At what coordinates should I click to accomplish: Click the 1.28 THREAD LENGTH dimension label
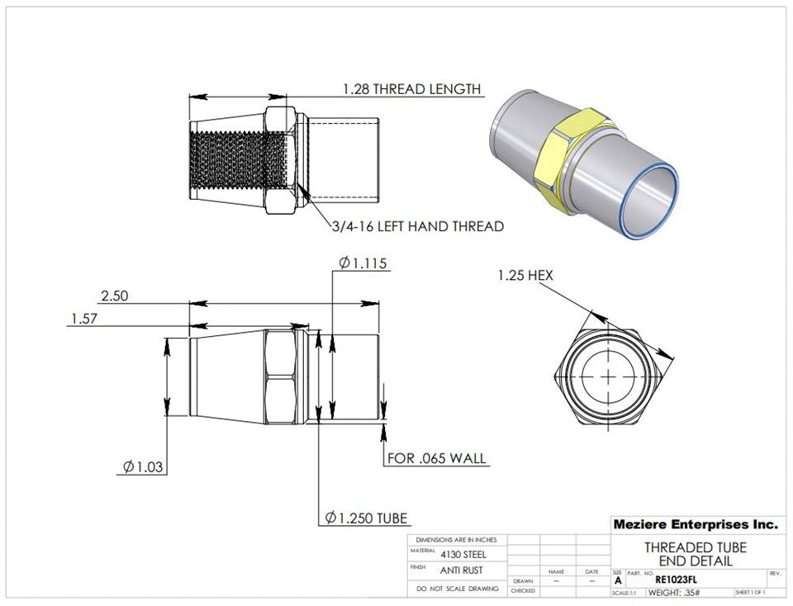coord(411,89)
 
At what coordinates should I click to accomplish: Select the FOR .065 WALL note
coord(437,458)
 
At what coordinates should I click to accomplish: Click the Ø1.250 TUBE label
coord(366,518)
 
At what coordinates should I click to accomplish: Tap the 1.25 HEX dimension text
coord(525,276)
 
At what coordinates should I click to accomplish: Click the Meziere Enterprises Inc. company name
coord(695,524)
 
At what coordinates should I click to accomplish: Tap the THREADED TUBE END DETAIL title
coord(695,554)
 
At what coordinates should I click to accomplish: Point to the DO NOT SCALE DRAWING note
coord(458,589)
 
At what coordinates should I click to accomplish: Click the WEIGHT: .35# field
coord(674,593)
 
